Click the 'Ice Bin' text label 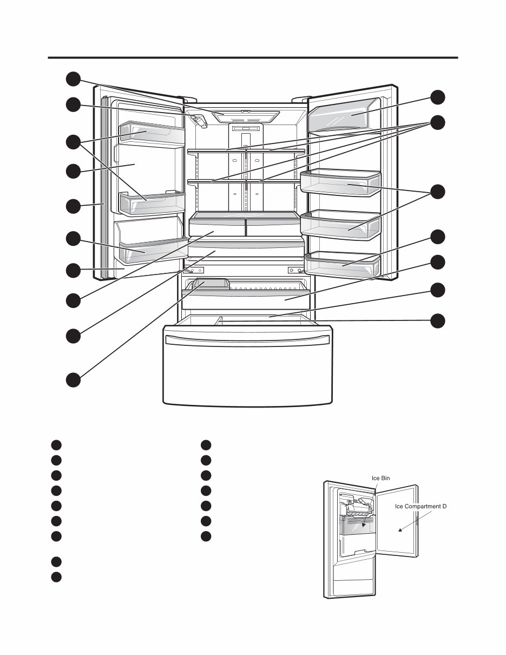pos(380,478)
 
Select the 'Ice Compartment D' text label pos(420,507)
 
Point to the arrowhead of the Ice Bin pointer pos(364,525)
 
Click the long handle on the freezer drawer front pos(247,339)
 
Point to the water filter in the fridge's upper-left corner pos(200,120)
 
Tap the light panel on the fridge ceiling pos(246,116)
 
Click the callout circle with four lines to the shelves pos(438,122)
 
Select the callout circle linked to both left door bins pos(74,142)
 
